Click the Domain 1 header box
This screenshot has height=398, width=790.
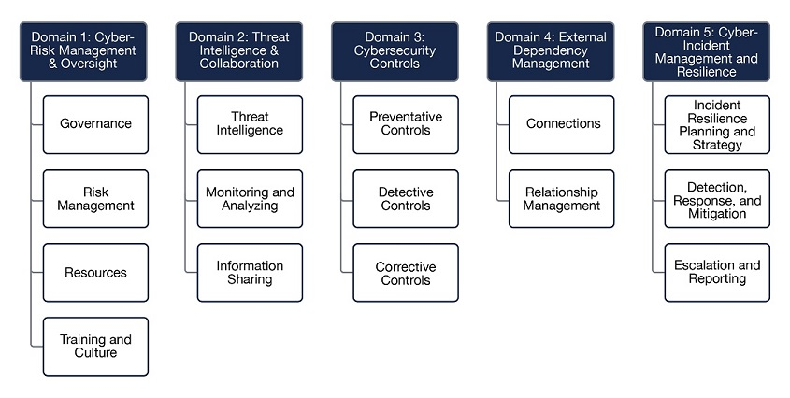point(83,51)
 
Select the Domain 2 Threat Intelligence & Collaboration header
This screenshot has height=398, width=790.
point(238,51)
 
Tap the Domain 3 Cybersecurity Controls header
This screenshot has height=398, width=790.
point(395,51)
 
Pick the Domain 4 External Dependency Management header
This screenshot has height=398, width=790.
point(551,51)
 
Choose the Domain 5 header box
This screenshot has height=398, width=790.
point(707,51)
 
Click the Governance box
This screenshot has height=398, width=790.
point(95,125)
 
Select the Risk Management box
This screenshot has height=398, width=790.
point(95,198)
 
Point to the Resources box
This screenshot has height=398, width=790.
point(95,273)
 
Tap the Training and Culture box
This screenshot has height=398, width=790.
point(95,347)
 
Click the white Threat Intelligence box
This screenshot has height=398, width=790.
point(250,125)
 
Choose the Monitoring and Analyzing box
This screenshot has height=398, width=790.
point(250,198)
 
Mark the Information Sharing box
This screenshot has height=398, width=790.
point(250,273)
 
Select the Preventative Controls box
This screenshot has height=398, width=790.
point(406,125)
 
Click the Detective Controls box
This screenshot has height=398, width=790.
point(406,198)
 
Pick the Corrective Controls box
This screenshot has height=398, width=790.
point(406,273)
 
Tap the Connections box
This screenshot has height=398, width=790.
point(561,125)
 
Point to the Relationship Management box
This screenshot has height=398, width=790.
point(561,198)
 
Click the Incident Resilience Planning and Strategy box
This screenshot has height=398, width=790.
point(717,125)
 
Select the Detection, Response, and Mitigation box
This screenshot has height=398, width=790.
point(717,198)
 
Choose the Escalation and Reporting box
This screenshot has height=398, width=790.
point(717,273)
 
